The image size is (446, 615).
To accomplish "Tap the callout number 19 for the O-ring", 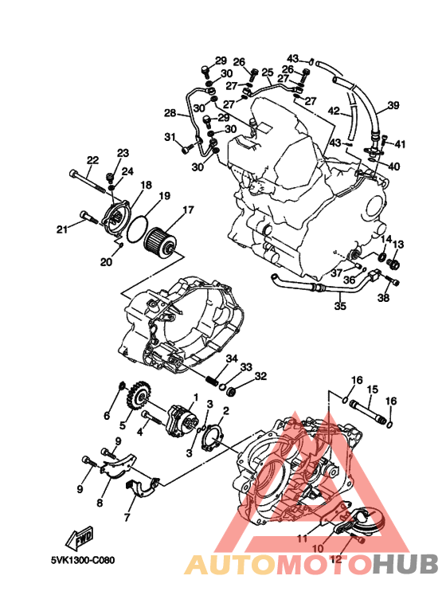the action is (165, 195).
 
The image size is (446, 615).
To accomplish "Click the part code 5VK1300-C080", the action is (83, 560).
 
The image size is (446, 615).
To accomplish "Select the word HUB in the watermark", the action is (405, 564).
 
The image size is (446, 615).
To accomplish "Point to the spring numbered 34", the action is (212, 380).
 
